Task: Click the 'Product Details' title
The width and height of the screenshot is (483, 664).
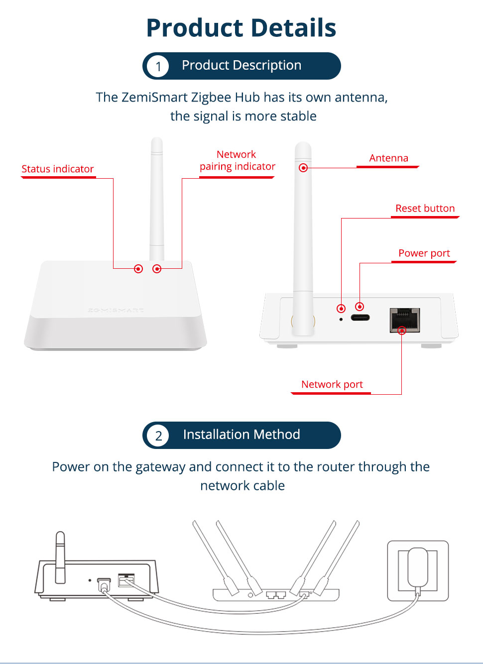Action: point(241,28)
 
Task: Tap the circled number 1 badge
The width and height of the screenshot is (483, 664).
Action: point(158,66)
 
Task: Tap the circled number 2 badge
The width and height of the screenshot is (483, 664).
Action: point(158,436)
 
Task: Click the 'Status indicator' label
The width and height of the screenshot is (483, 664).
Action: point(58,169)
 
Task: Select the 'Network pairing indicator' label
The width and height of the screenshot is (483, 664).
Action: point(237,160)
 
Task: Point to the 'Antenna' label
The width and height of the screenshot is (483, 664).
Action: point(388,158)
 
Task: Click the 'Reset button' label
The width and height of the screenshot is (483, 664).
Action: point(425,208)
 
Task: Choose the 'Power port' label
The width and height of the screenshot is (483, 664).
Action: point(424,253)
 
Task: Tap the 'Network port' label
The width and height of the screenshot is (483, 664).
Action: point(332,384)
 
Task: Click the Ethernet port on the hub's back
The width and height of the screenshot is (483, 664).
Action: point(404,320)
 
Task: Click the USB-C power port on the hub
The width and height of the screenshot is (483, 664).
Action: point(360,318)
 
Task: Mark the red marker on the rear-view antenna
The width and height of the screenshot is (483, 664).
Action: point(303,168)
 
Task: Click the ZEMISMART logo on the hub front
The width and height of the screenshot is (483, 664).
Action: point(116,310)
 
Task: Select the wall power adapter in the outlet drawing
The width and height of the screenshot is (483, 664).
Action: point(417,568)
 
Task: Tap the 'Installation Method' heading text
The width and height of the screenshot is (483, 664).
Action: point(241,435)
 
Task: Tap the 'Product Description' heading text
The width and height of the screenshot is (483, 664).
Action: point(241,65)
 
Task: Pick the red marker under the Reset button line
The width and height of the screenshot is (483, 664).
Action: point(341,309)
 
